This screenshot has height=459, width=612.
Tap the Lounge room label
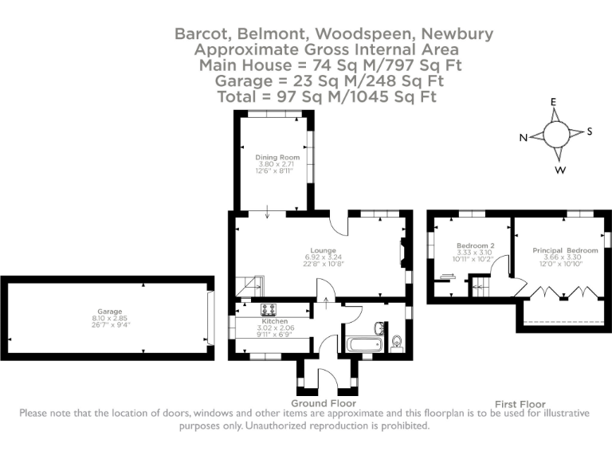pyautogui.click(x=323, y=249)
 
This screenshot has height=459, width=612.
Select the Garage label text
pyautogui.click(x=109, y=311)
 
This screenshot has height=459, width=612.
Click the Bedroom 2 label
pyautogui.click(x=476, y=245)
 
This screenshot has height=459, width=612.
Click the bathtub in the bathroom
pyautogui.click(x=364, y=345)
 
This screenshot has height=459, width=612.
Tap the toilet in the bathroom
pyautogui.click(x=398, y=343)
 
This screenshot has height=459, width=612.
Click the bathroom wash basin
pyautogui.click(x=380, y=328)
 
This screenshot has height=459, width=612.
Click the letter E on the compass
pyautogui.click(x=553, y=102)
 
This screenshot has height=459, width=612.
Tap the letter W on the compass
pyautogui.click(x=561, y=171)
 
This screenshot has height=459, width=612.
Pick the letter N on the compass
pyautogui.click(x=524, y=138)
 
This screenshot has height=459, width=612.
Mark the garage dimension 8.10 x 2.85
pyautogui.click(x=109, y=318)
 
